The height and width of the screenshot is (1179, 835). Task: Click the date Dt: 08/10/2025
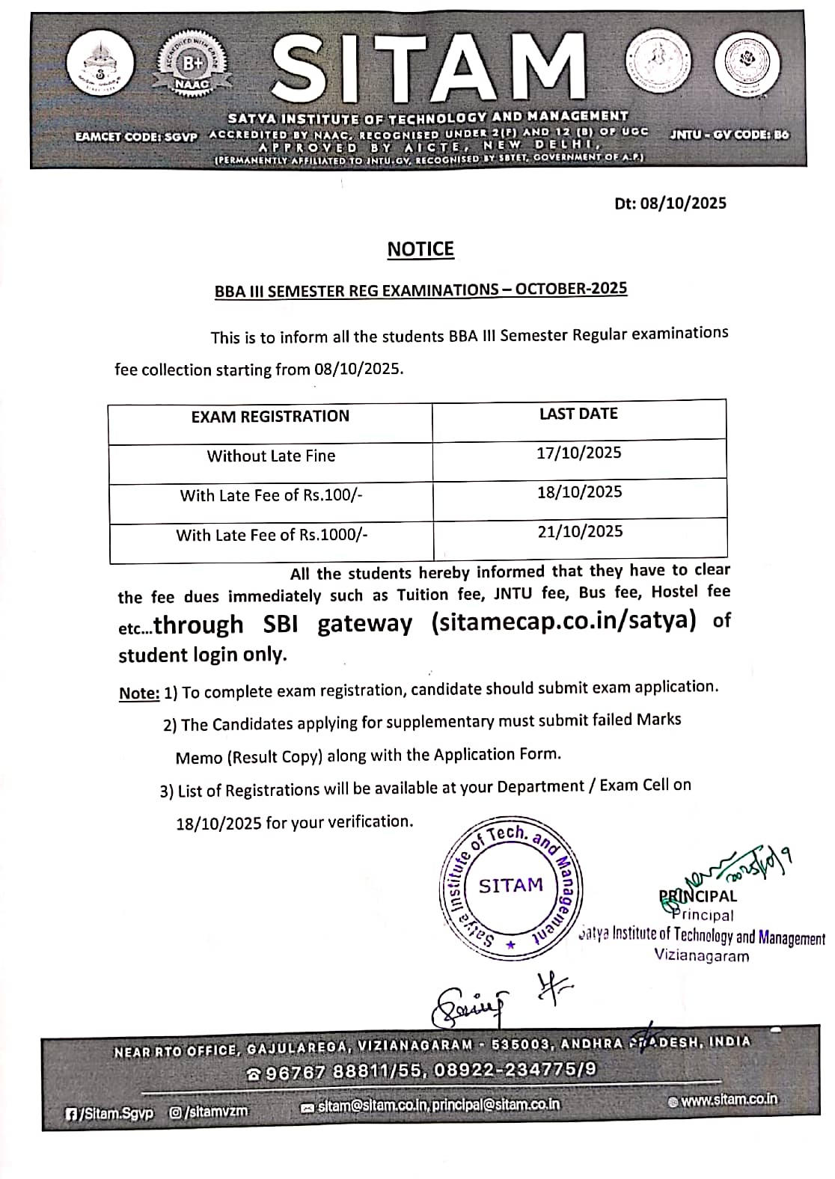point(670,203)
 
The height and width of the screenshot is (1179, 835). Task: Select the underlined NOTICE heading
point(420,249)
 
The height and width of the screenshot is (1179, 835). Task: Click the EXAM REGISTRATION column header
point(270,417)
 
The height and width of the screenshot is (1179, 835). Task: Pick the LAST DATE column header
point(578,414)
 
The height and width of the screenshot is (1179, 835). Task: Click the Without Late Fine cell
point(271,456)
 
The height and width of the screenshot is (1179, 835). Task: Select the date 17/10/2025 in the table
point(578,453)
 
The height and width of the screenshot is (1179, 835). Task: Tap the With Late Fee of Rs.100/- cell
point(271,495)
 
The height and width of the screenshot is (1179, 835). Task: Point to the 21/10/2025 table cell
point(580,531)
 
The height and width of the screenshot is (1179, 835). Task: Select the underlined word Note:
point(139,693)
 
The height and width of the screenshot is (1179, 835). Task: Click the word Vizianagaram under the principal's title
point(701,955)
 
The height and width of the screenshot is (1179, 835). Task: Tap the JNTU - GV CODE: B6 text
point(729,135)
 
